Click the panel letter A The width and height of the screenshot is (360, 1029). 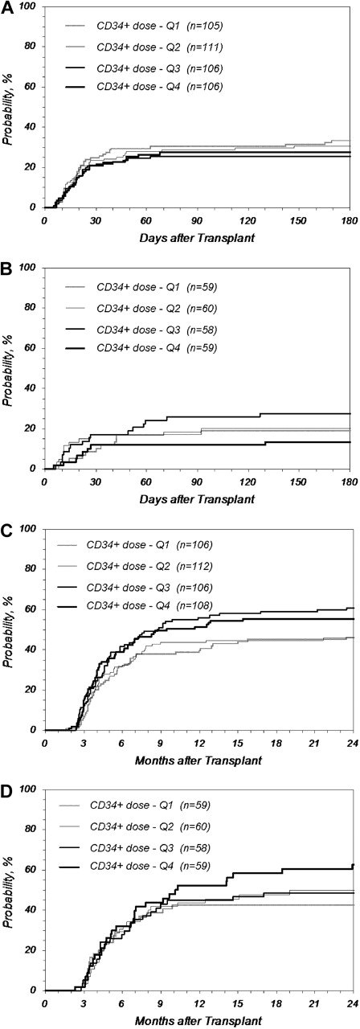[x=6, y=7]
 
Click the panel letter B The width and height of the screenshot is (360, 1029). [x=6, y=268]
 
